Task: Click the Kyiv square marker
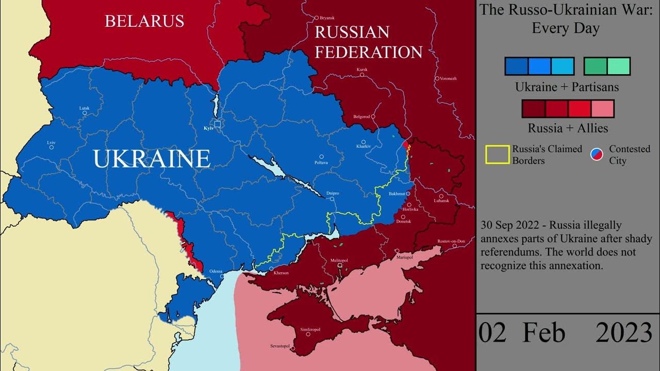pos(218,124)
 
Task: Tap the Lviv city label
pos(51,142)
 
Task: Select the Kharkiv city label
pos(364,147)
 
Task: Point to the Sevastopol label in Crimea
pos(280,346)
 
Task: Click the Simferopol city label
pos(310,329)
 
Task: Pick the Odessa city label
pos(217,271)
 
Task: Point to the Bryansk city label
pos(327,18)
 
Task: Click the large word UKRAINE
pos(152,159)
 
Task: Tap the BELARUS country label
pos(144,21)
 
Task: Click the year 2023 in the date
pos(624,333)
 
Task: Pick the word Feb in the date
pos(543,333)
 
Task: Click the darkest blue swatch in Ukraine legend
pos(516,66)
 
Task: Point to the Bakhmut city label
pos(397,194)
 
